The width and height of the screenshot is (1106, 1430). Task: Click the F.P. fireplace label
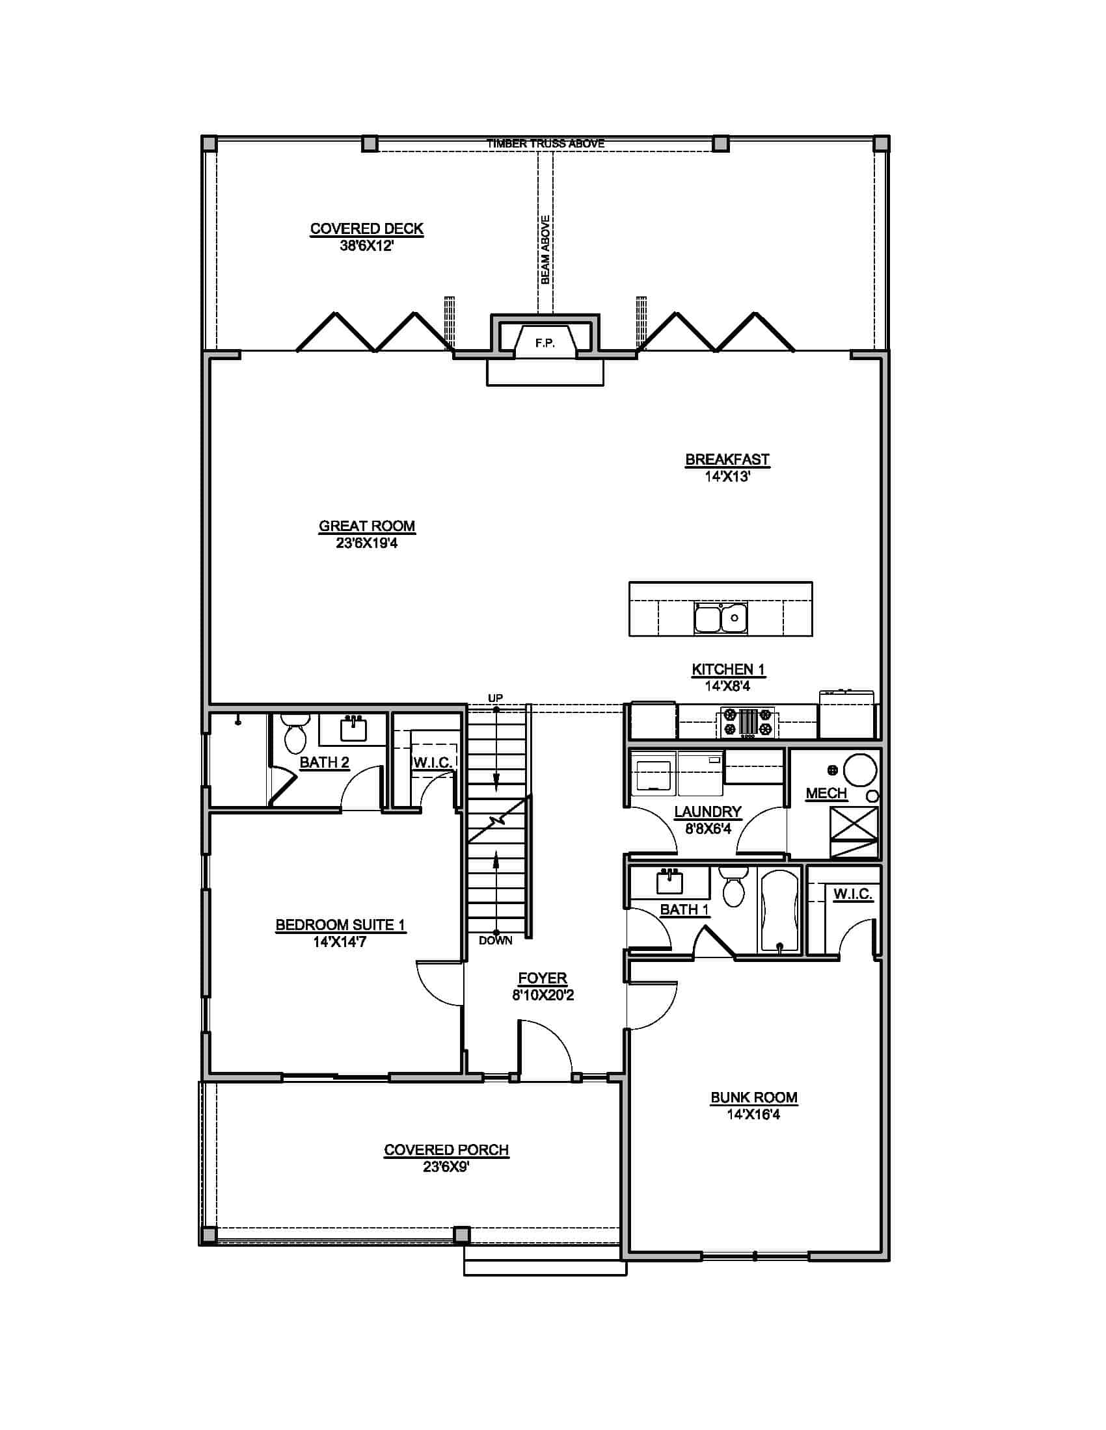(545, 343)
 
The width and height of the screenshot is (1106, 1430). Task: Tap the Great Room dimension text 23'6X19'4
(366, 543)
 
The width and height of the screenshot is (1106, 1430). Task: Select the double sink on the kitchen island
(721, 617)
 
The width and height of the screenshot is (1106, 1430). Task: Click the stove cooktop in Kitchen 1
(748, 722)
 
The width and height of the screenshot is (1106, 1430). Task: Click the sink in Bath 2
(353, 729)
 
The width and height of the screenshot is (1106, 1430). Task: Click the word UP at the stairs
(495, 698)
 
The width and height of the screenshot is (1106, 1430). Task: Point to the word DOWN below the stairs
(495, 941)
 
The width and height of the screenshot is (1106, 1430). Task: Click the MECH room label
(826, 793)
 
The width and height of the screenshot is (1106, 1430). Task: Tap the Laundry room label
(708, 811)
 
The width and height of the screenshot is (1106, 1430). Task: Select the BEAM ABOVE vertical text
(545, 250)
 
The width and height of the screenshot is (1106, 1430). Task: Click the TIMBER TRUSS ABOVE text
(545, 143)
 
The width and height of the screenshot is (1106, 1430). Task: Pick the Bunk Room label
(753, 1097)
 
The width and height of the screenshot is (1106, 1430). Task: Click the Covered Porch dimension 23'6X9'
(446, 1166)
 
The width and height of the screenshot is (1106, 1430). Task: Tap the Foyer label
(542, 978)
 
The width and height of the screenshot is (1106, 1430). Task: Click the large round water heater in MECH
(859, 769)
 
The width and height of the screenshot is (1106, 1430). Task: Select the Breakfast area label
(727, 459)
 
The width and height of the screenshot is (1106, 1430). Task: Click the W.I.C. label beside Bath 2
(433, 763)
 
